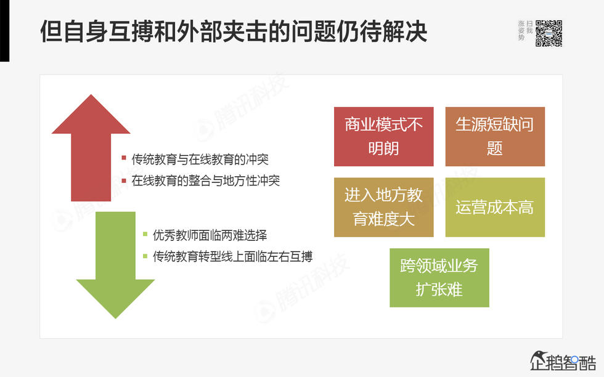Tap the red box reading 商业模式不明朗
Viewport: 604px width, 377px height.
[383, 136]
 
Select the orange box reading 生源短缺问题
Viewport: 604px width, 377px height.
[495, 136]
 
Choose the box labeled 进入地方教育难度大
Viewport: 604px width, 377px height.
[383, 207]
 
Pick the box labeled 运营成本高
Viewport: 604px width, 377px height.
[495, 207]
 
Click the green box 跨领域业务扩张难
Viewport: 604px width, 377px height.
[439, 277]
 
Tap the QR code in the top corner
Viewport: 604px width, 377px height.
[549, 33]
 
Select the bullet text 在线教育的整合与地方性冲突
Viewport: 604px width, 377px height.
[206, 181]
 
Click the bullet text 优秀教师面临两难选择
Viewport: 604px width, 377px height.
[210, 235]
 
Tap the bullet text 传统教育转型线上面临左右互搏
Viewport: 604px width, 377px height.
[232, 256]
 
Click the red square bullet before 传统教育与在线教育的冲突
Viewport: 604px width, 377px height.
[124, 159]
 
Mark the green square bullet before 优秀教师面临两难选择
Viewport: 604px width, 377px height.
[145, 235]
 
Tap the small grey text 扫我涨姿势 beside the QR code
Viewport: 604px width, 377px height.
[525, 30]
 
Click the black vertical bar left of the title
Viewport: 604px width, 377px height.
[4, 31]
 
